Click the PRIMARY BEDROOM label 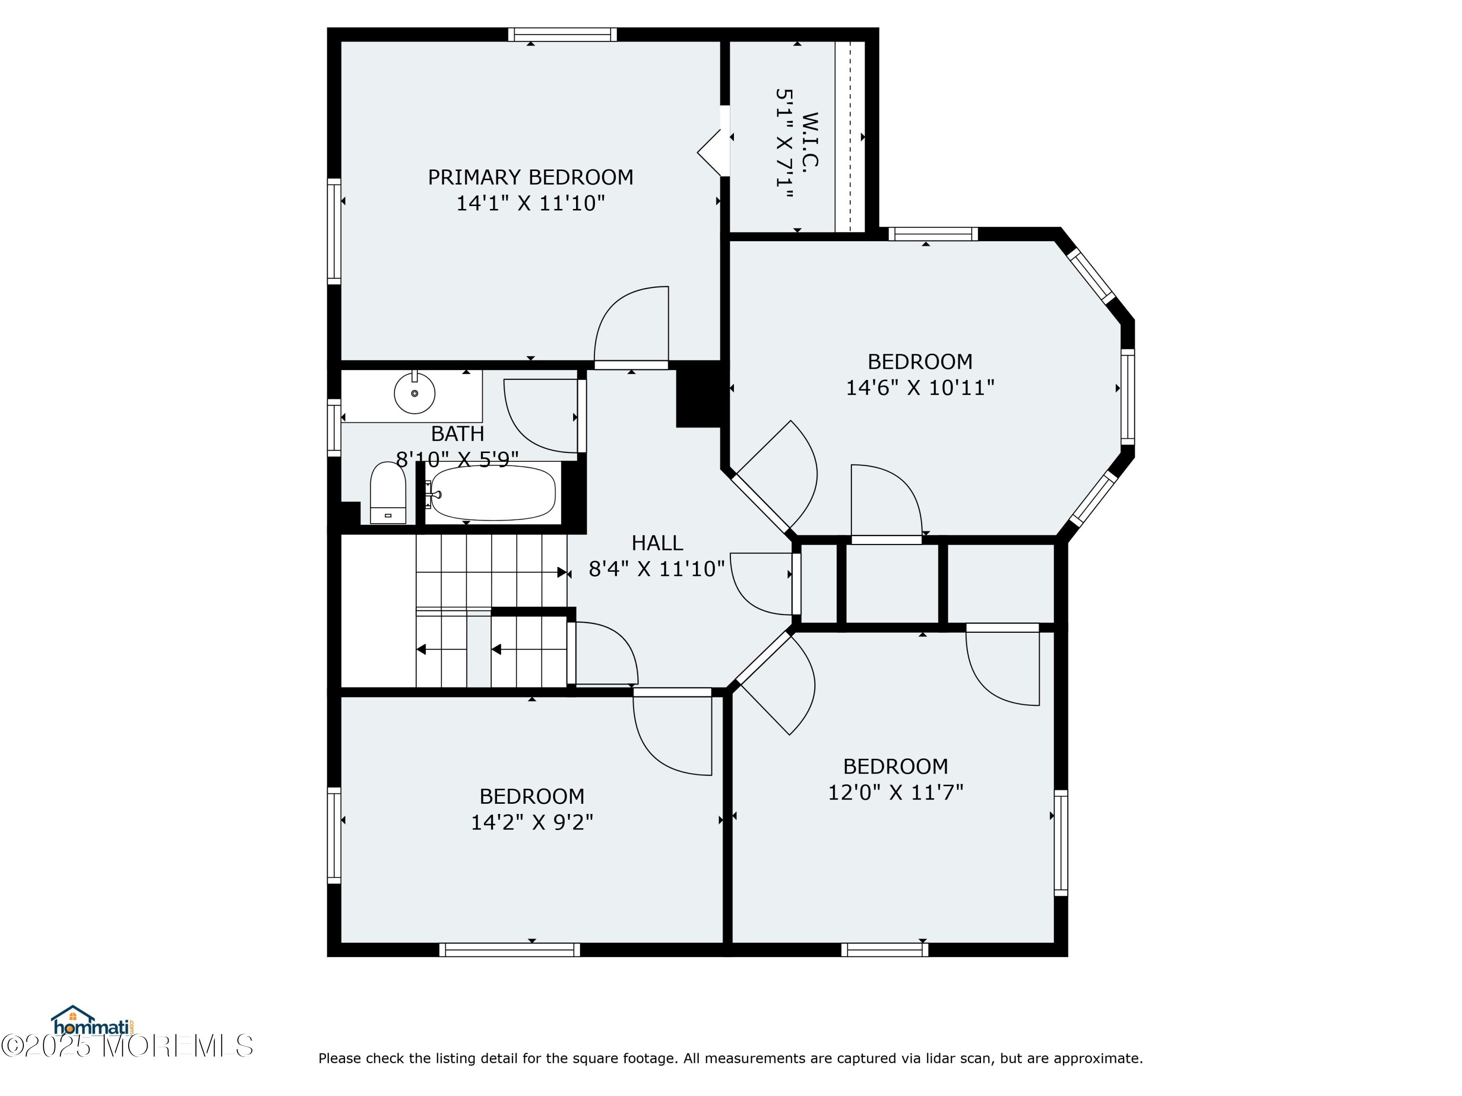point(530,177)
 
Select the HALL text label point(657,543)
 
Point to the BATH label point(458,434)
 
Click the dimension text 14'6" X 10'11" point(920,387)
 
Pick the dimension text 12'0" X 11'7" point(896,792)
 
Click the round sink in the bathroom point(414,393)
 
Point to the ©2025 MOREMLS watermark point(127,1046)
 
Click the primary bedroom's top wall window point(562,35)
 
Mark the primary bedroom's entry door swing point(631,326)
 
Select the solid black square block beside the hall point(698,395)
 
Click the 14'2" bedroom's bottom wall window point(510,950)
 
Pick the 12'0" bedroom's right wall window point(1061,843)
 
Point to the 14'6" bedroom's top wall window point(933,234)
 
